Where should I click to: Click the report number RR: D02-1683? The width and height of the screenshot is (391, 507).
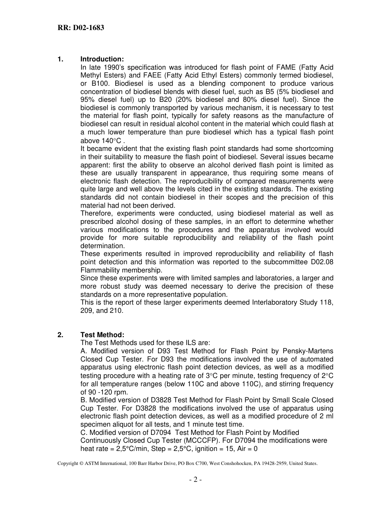80,28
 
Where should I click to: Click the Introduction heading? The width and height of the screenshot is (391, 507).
102,59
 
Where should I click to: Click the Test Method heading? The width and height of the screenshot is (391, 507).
102,335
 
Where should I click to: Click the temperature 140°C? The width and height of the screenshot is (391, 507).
112,141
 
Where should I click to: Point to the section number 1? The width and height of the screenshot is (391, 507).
60,59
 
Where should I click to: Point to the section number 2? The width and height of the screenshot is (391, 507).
60,335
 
